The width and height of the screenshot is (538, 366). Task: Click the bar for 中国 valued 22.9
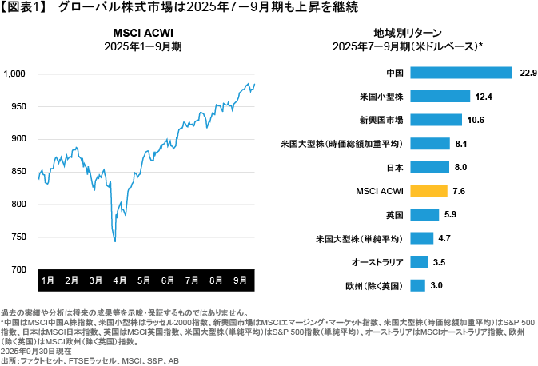click(x=460, y=73)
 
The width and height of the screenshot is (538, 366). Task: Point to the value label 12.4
click(x=483, y=97)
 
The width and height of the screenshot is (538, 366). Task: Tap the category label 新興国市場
click(x=381, y=121)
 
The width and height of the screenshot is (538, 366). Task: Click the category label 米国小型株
click(x=381, y=97)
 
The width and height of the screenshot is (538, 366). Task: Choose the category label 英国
click(x=393, y=215)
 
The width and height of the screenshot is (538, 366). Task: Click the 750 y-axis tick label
click(x=19, y=237)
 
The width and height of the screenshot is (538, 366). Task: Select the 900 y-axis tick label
click(x=19, y=139)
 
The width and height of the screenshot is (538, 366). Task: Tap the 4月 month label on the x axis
click(x=119, y=281)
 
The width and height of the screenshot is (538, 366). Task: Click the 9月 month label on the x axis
click(x=240, y=281)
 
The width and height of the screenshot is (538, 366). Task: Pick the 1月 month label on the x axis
click(x=47, y=281)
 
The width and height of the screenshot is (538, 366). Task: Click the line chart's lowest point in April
click(x=115, y=241)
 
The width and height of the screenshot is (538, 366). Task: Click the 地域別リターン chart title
click(x=406, y=33)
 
